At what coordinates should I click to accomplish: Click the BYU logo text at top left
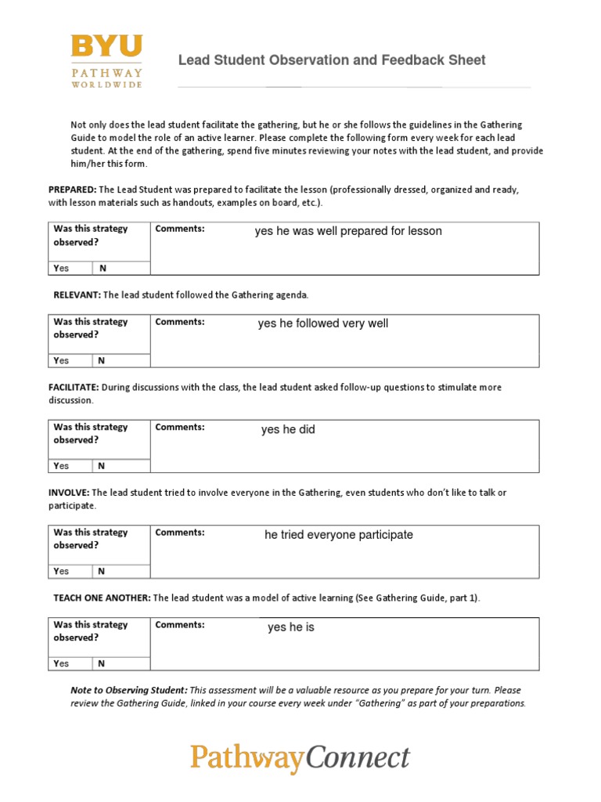(106, 46)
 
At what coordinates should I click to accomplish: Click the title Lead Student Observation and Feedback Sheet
(332, 60)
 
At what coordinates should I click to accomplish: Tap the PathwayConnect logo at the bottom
(300, 758)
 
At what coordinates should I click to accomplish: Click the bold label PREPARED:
(73, 190)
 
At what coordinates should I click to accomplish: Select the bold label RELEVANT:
(77, 295)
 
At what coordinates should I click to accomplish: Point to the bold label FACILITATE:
(74, 388)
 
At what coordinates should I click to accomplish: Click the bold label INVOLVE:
(70, 493)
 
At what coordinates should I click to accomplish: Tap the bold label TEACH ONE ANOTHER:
(102, 598)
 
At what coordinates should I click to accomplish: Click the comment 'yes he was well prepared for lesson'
(348, 231)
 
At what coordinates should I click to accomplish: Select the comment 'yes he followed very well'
(323, 323)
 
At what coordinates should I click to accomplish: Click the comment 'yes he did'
(288, 430)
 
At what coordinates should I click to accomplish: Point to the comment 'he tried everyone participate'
(339, 535)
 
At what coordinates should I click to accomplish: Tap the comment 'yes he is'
(291, 627)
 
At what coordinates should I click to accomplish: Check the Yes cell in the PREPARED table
(62, 268)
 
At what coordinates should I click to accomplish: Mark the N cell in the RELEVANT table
(101, 361)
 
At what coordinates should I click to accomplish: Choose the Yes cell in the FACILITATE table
(62, 466)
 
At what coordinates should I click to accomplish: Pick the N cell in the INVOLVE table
(101, 572)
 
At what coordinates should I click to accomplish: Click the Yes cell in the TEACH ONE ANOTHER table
(62, 663)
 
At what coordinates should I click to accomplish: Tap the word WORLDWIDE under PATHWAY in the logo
(106, 85)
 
